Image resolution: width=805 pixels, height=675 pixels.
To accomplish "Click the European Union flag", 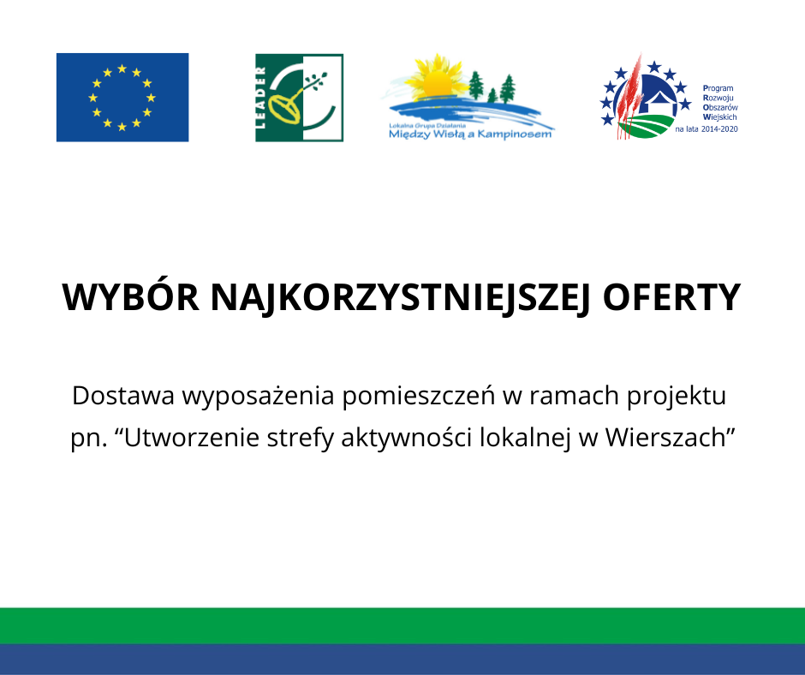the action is pos(122,97).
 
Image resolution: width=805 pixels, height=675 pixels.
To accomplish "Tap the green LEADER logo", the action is pos(300,98).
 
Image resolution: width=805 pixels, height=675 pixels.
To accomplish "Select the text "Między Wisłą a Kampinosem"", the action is pos(470,134).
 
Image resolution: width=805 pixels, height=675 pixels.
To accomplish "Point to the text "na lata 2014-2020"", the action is pos(707,129).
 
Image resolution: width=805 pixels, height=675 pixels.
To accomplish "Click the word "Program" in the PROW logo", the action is pos(718,88).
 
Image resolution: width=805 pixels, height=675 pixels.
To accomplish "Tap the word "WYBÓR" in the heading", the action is pos(130,297).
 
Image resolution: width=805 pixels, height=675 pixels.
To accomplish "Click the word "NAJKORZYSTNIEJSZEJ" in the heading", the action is pos(401,298).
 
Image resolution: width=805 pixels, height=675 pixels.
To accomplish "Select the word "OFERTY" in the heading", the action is pos(671,297).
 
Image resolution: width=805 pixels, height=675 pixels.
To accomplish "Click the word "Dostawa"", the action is pos(123,396).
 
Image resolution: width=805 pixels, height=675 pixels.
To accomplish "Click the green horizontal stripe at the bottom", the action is pos(402,625).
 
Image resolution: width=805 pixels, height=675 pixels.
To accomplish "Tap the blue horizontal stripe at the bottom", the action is pos(402,659).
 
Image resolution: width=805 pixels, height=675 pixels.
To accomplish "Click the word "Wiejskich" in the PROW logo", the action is pos(719,117).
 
